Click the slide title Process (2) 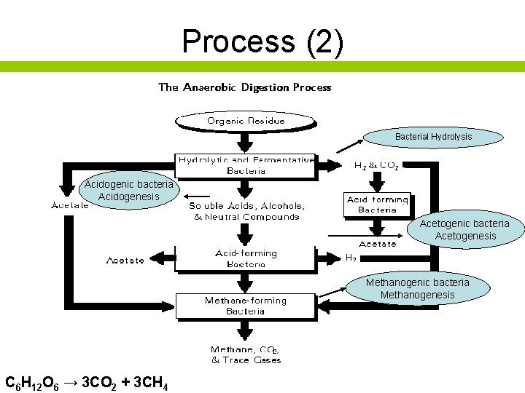point(262,41)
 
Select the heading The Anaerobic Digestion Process point(245,87)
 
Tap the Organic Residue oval point(246,120)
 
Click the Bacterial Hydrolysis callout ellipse point(433,137)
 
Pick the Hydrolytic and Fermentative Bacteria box point(246,165)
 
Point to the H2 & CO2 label point(376,165)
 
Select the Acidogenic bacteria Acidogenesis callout point(128,191)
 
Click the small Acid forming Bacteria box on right point(377,205)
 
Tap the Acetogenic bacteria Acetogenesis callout point(464,229)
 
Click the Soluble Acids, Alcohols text point(247,211)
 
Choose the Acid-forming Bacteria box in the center point(246,258)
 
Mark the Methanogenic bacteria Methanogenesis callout point(418,288)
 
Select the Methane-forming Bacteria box point(246,306)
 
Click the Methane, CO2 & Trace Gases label point(246,354)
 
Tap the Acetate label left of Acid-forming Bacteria point(125,260)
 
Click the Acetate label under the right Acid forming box point(377,244)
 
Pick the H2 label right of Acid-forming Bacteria point(351,257)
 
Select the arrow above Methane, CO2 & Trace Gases point(246,331)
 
